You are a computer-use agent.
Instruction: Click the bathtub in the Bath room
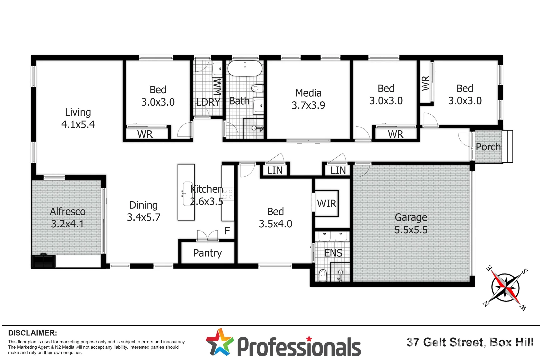coord(245,68)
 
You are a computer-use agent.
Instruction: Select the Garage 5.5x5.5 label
coord(411,223)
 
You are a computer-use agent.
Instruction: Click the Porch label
coord(488,147)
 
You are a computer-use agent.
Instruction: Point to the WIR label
coord(327,203)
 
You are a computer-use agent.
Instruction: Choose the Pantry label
coord(207,253)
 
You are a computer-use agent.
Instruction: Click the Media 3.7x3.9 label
coord(308,99)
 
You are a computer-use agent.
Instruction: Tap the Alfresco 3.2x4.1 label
coord(68,218)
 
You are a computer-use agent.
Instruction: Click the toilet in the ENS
coord(323,275)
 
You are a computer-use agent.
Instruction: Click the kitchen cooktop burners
coord(228,194)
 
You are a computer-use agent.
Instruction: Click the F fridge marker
coord(227,231)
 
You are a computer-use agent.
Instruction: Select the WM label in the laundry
coord(217,87)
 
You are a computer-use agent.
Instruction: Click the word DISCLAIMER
coord(32,333)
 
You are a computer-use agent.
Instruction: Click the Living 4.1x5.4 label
coord(78,118)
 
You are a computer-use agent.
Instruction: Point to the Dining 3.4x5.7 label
coord(144,211)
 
